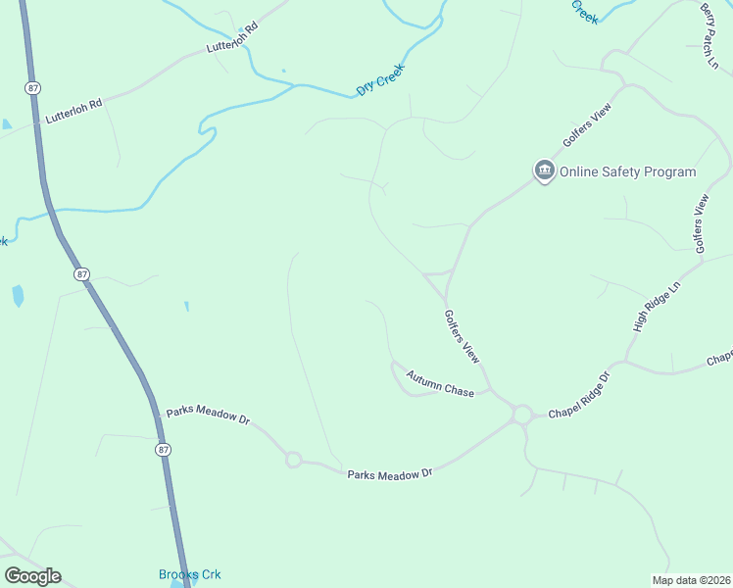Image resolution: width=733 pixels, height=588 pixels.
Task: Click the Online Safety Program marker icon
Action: click(x=544, y=171)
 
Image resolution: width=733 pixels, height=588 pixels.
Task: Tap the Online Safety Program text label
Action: click(x=627, y=172)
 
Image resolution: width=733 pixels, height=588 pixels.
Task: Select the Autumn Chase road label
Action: click(x=440, y=383)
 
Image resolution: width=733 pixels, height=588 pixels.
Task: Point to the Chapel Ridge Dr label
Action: click(x=579, y=397)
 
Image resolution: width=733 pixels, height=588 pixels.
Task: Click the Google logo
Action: click(x=32, y=576)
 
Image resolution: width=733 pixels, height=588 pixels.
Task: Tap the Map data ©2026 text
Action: click(x=690, y=580)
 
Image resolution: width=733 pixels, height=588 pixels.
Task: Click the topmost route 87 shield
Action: click(x=34, y=88)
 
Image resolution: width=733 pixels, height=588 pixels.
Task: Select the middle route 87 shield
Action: click(x=82, y=274)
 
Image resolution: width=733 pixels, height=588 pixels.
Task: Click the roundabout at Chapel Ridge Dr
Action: click(x=521, y=415)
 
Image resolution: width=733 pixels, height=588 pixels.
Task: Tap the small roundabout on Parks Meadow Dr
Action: click(x=292, y=460)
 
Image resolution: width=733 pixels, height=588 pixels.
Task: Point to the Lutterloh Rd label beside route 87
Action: click(x=74, y=109)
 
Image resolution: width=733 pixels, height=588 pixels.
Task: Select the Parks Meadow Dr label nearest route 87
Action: click(x=208, y=416)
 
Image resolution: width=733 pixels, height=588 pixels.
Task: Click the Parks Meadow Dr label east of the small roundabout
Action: click(x=390, y=474)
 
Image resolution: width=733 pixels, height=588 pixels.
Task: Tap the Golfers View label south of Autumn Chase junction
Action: click(x=462, y=337)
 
